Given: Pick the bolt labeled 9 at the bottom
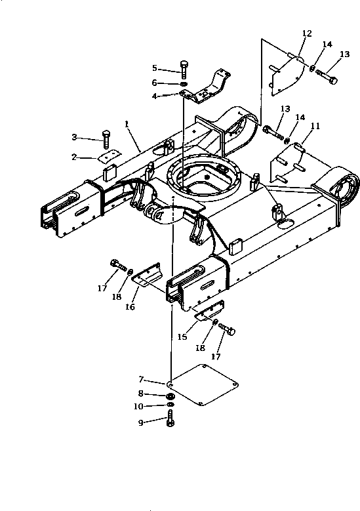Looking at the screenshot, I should (171, 420).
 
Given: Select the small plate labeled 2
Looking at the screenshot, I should (108, 155).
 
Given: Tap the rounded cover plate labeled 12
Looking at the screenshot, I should (289, 70).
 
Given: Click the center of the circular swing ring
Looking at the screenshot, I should (203, 176).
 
